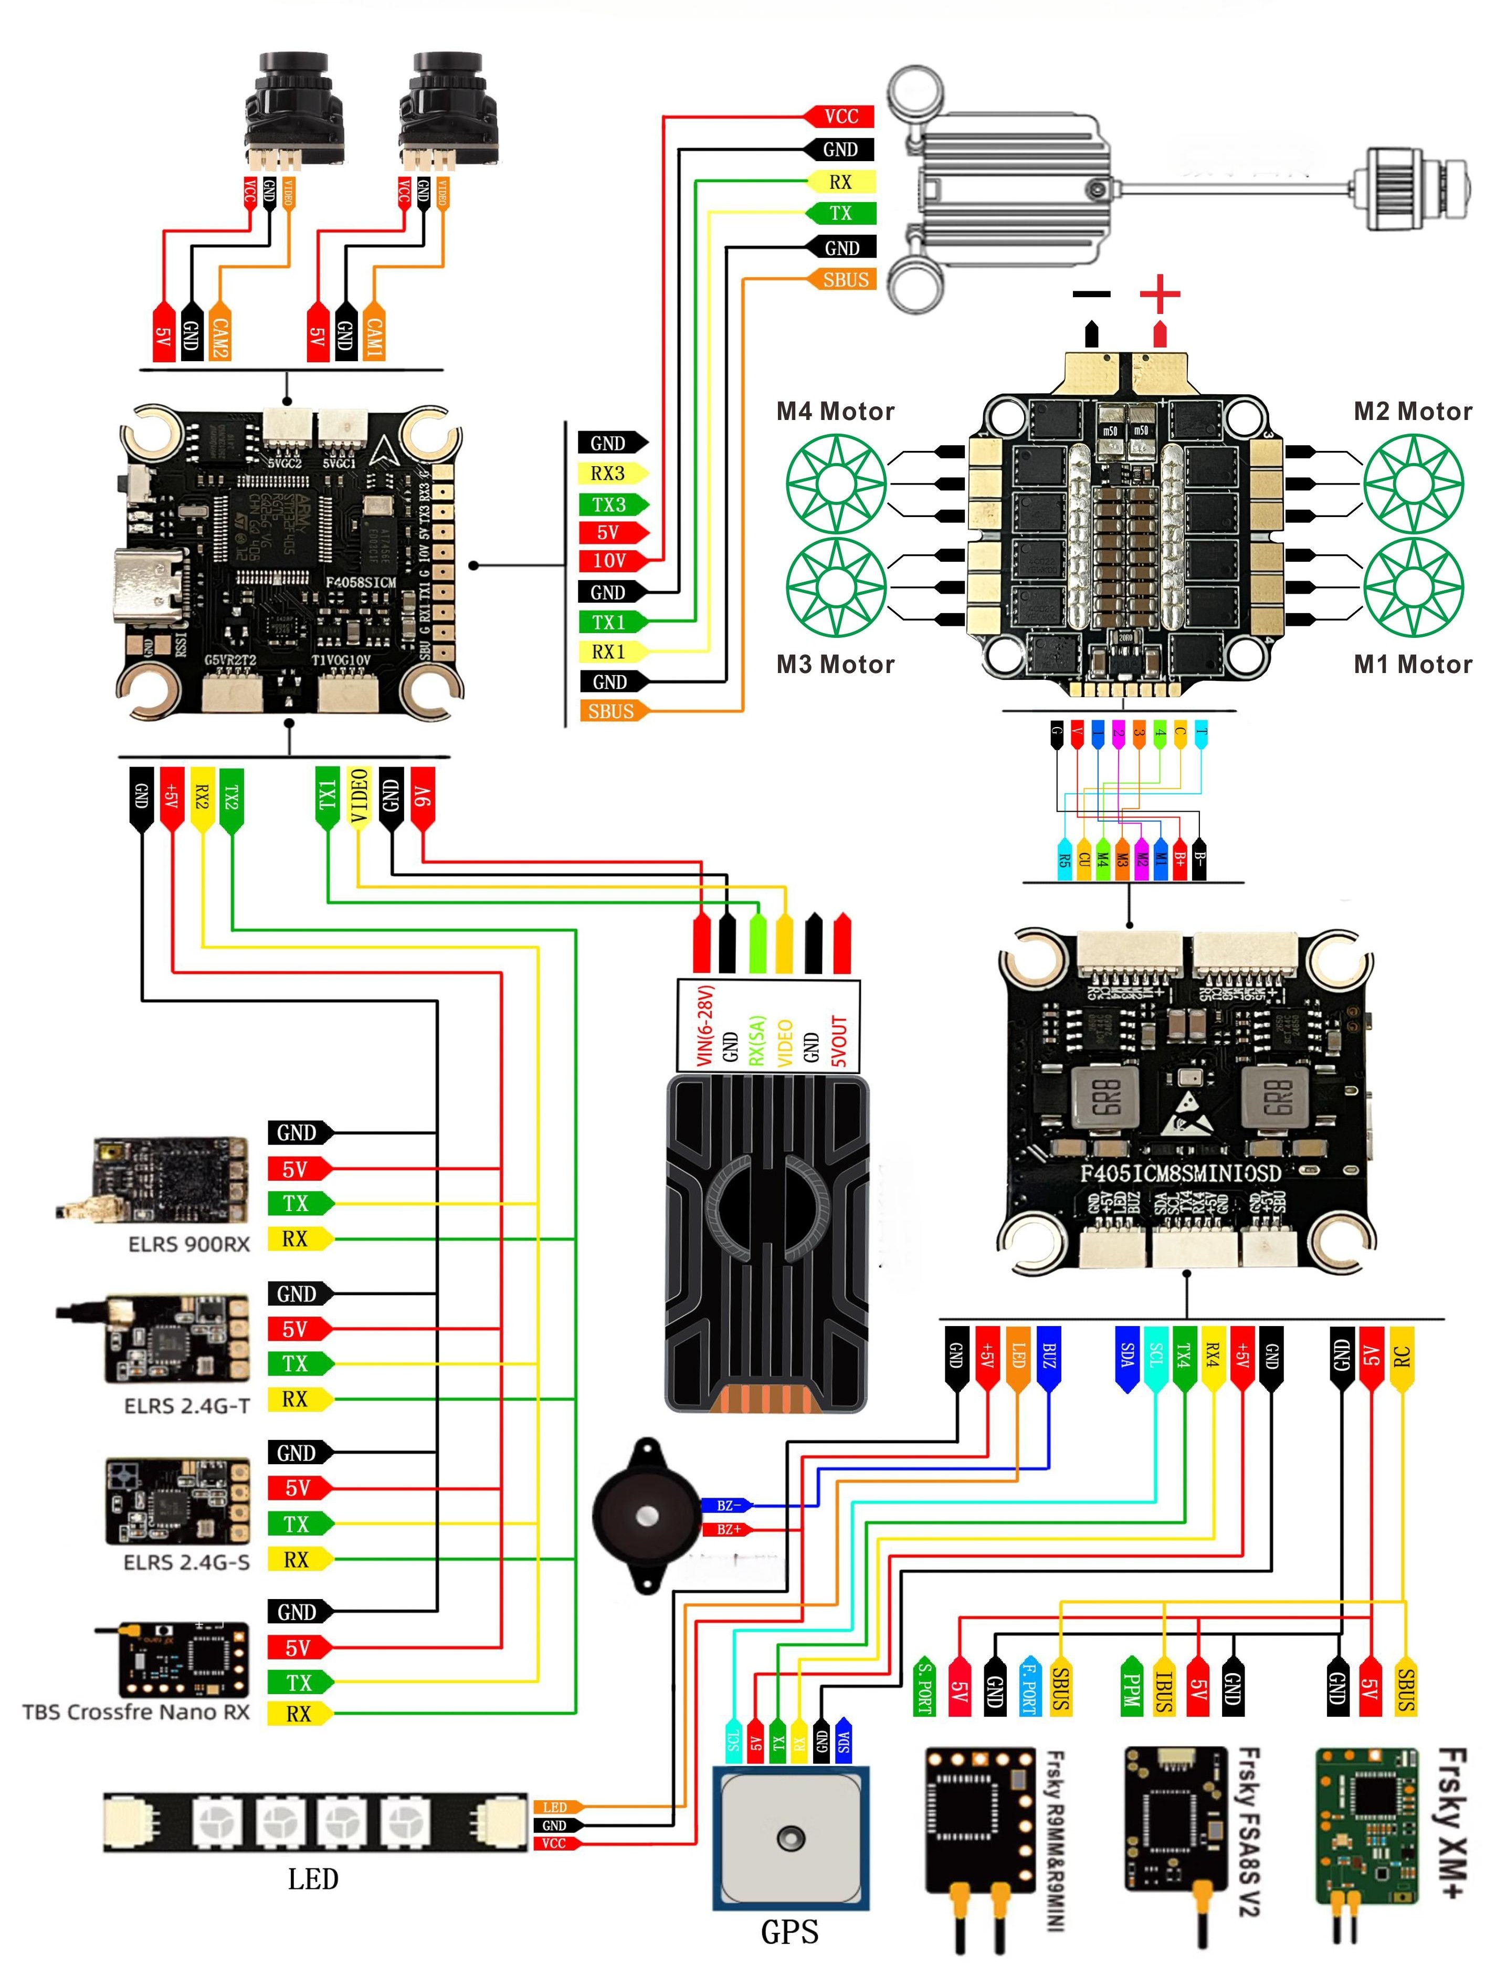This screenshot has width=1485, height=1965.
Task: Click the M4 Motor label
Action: [835, 411]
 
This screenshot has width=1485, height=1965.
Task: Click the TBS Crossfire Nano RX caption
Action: [136, 1712]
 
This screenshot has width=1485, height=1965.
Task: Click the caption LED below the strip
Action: [313, 1879]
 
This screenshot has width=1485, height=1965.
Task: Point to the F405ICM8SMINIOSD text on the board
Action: [1181, 1173]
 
